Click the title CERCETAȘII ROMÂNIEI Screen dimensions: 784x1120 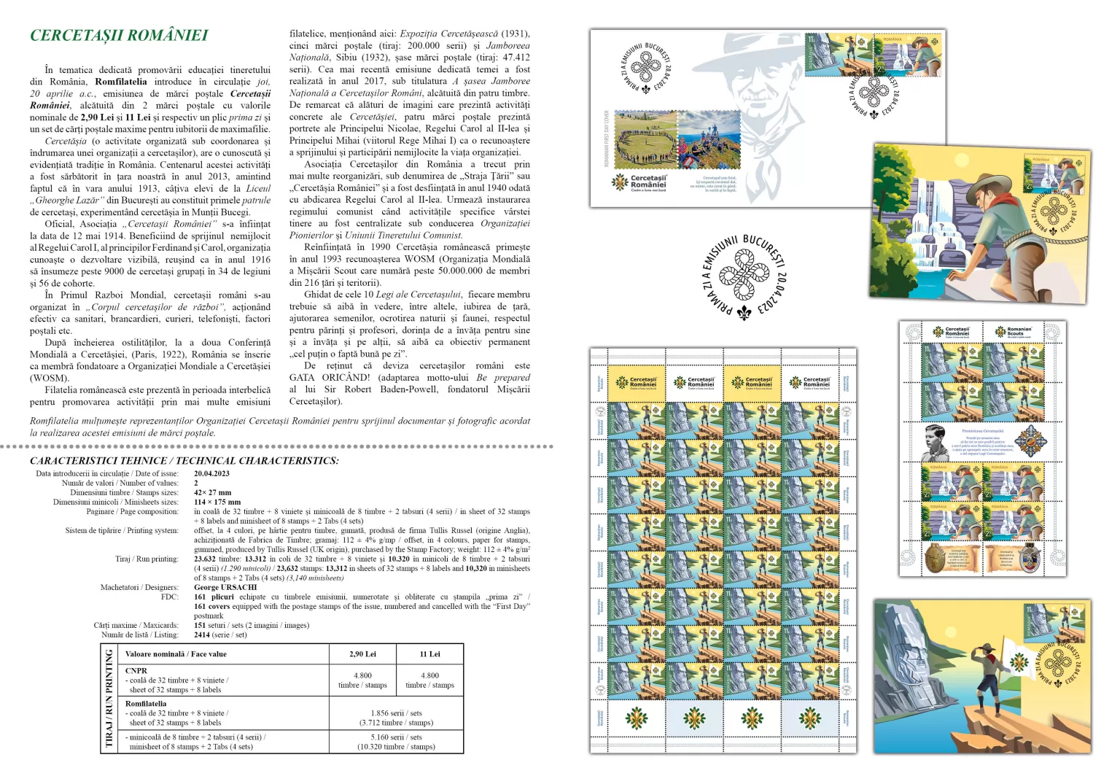click(119, 35)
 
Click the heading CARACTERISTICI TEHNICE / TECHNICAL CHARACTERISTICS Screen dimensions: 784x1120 click(184, 461)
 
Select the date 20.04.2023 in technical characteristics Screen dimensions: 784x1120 click(211, 473)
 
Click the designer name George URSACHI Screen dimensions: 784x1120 click(225, 587)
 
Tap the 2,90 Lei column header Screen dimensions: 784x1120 click(362, 654)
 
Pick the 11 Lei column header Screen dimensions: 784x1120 click(429, 654)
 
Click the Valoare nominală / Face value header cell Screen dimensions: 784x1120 click(176, 654)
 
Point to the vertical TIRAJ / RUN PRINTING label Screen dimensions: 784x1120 click(109, 698)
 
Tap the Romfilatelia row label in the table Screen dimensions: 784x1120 click(146, 704)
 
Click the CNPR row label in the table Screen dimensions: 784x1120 click(136, 670)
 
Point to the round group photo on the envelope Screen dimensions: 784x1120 click(646, 140)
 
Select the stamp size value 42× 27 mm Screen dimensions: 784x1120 click(212, 492)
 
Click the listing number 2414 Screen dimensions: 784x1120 click(202, 634)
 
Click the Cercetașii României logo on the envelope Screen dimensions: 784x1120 click(639, 182)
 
